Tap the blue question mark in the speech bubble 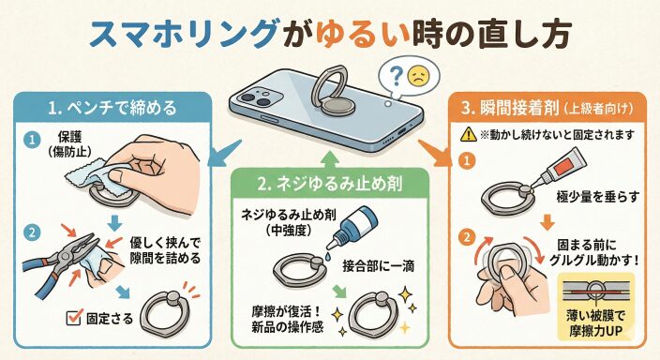pyautogui.click(x=396, y=77)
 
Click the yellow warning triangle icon pyautogui.click(x=468, y=135)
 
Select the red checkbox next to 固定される pyautogui.click(x=74, y=317)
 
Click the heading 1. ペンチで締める pyautogui.click(x=112, y=108)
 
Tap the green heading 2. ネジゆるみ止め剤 pyautogui.click(x=330, y=184)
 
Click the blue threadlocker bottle pyautogui.click(x=353, y=229)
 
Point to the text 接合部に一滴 pyautogui.click(x=379, y=266)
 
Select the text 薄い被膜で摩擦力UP pyautogui.click(x=595, y=322)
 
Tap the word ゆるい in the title pyautogui.click(x=363, y=35)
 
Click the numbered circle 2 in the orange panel pyautogui.click(x=466, y=237)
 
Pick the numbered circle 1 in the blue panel pyautogui.click(x=32, y=140)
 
